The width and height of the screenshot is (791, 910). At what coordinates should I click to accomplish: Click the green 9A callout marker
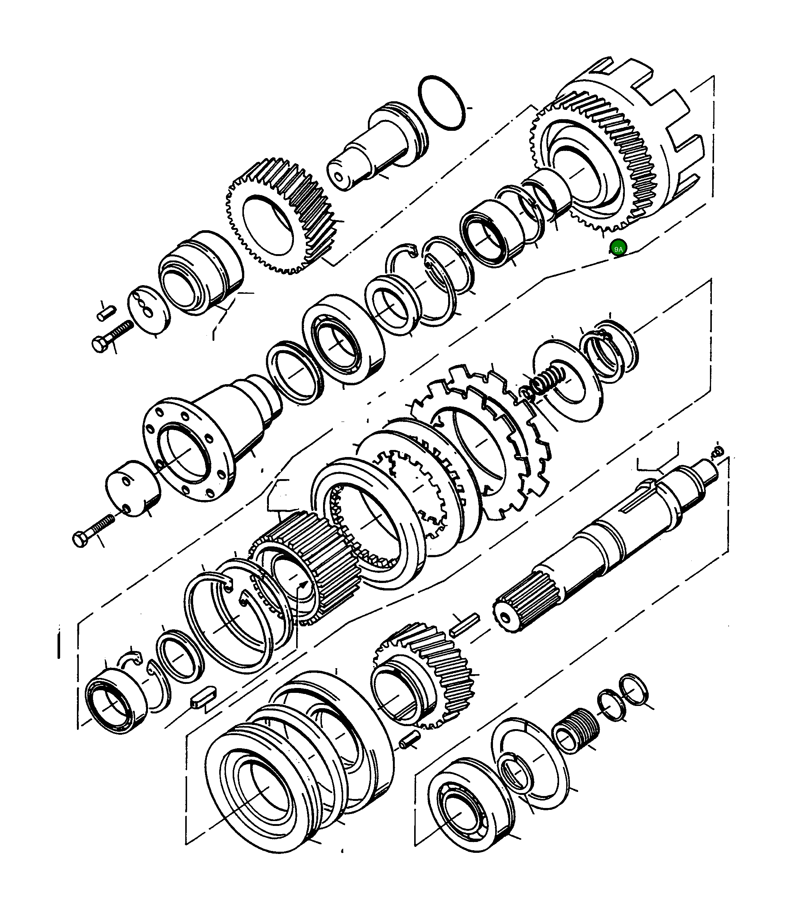pyautogui.click(x=618, y=249)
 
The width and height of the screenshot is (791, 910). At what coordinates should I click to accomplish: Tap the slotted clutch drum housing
pyautogui.click(x=617, y=144)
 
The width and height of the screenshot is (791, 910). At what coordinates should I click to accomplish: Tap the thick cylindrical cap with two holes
pyautogui.click(x=133, y=488)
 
